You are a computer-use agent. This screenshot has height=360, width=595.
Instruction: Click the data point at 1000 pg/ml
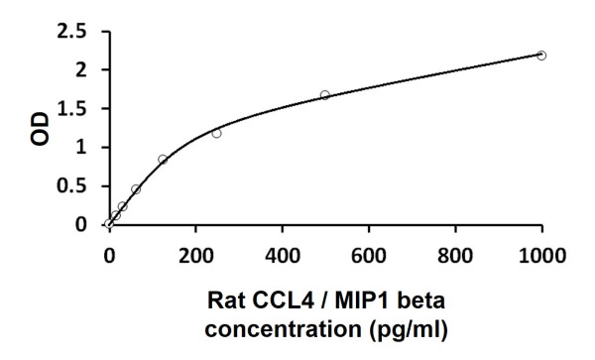[x=541, y=56]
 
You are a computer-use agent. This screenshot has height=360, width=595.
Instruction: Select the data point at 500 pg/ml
[x=325, y=95]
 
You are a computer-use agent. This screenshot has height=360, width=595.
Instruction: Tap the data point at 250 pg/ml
[x=216, y=133]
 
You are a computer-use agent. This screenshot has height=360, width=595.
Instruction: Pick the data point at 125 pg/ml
[x=163, y=159]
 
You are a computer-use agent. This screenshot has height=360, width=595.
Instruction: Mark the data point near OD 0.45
[x=136, y=188]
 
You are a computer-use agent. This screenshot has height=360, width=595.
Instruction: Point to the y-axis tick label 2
[x=79, y=70]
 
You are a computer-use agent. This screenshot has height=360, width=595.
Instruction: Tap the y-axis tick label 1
[x=79, y=148]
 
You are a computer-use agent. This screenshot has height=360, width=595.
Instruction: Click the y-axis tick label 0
[x=79, y=225]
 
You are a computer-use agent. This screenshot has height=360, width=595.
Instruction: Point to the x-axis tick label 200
[x=195, y=254]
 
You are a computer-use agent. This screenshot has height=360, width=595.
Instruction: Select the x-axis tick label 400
[x=283, y=254]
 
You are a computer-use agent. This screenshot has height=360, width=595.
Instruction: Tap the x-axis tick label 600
[x=369, y=254]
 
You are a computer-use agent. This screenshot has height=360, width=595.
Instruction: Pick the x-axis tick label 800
[x=456, y=254]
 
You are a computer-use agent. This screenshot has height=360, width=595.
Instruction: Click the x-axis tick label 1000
[x=541, y=254]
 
